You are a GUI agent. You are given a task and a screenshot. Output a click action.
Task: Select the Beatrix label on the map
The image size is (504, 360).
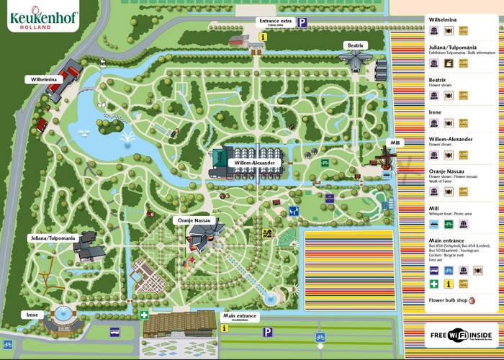pyautogui.click(x=354, y=45)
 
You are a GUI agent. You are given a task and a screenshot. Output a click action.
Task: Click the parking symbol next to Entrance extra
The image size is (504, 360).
pyautogui.click(x=302, y=22)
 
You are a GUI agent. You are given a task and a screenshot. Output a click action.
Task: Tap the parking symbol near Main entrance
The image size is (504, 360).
pyautogui.click(x=267, y=332)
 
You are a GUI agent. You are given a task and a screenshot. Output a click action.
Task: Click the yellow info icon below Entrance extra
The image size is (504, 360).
pyautogui.click(x=264, y=36)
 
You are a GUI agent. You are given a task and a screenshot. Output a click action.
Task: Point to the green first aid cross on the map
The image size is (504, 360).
pyautogui.click(x=145, y=315)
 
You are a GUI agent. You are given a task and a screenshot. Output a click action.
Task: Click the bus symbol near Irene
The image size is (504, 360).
pyautogui.click(x=114, y=332)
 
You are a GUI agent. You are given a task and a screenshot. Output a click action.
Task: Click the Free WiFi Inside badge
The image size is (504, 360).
pyautogui.click(x=461, y=335)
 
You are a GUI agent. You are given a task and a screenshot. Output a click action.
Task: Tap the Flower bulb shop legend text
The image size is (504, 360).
pyautogui.click(x=449, y=300)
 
